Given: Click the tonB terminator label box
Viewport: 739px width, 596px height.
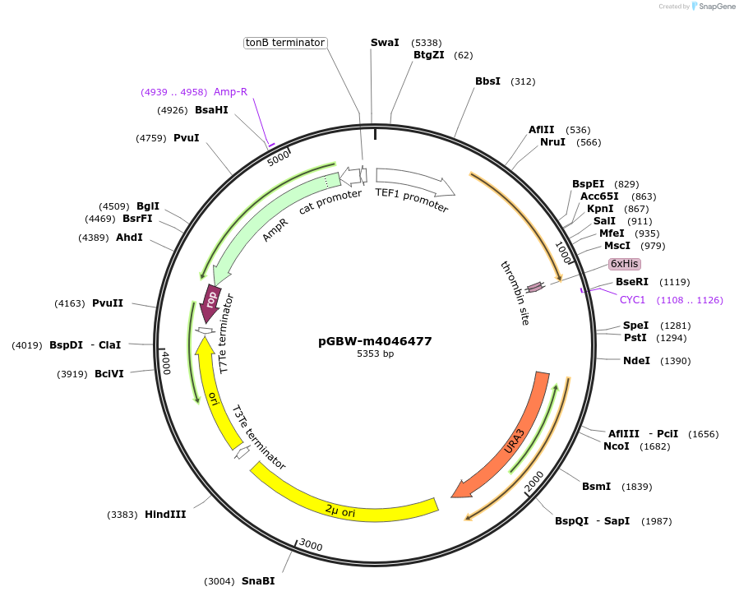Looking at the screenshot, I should [x=286, y=43].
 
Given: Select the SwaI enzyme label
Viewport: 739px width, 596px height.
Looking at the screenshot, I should [x=385, y=42].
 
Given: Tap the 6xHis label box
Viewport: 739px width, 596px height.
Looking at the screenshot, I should [x=624, y=264].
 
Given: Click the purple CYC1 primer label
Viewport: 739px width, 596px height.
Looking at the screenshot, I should [x=632, y=300].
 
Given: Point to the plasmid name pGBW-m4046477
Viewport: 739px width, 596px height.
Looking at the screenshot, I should [x=375, y=341].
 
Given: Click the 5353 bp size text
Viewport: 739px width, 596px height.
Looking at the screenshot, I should [x=375, y=354].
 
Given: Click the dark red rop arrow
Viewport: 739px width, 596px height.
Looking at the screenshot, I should [x=210, y=303].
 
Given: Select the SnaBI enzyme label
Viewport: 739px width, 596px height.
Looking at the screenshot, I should [x=258, y=581].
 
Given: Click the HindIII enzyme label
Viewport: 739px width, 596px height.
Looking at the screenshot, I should [x=165, y=515].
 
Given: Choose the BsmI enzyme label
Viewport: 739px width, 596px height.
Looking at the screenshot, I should [x=596, y=487].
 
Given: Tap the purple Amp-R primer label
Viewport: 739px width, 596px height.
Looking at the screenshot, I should [x=230, y=91].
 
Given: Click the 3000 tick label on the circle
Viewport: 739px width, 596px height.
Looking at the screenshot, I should [x=311, y=545].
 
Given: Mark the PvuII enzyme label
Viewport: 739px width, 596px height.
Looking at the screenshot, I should [x=108, y=303].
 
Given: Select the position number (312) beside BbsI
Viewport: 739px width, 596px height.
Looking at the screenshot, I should [x=523, y=81].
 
